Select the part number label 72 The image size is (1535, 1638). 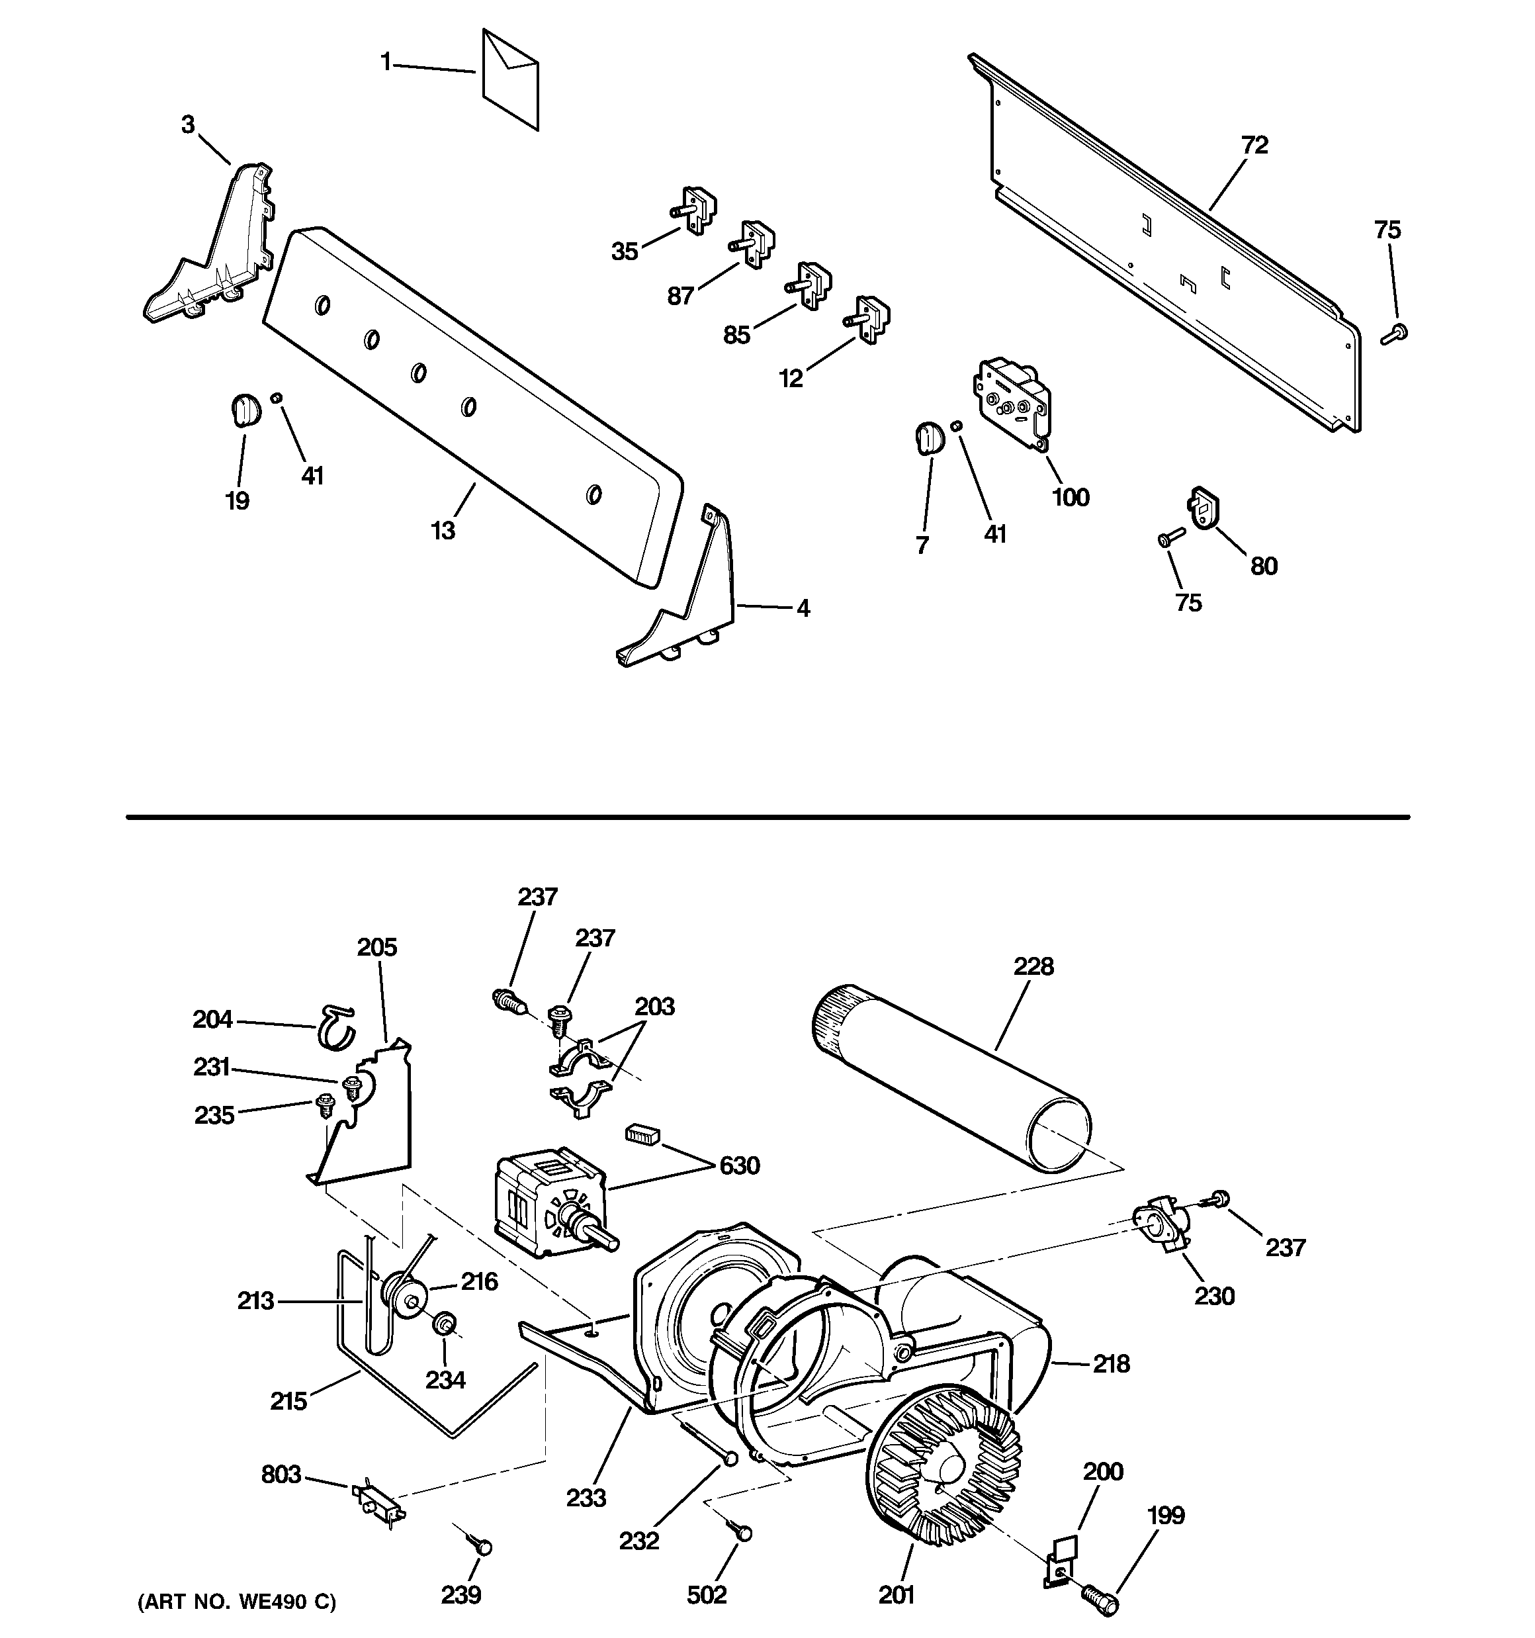point(1254,145)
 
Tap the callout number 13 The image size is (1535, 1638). point(443,531)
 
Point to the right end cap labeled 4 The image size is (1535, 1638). point(692,602)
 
